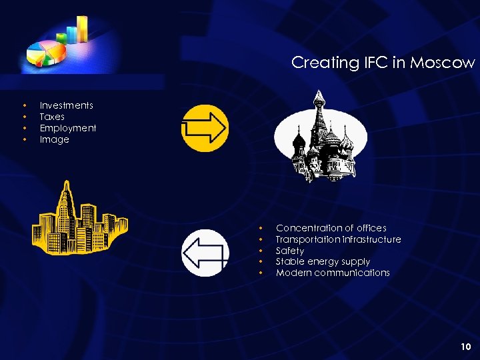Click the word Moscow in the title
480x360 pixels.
(x=443, y=63)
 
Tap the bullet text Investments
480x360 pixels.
(x=67, y=105)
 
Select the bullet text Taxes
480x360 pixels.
(x=52, y=117)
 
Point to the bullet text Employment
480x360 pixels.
(x=68, y=128)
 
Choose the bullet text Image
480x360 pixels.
(x=55, y=139)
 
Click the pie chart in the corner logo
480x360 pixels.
(x=45, y=53)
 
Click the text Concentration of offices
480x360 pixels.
(x=331, y=228)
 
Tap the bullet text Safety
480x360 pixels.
(x=290, y=251)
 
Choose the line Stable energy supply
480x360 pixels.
(x=323, y=261)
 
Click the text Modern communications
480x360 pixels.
(x=333, y=273)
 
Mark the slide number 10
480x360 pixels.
(x=465, y=346)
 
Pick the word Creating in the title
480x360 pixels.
(x=316, y=63)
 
